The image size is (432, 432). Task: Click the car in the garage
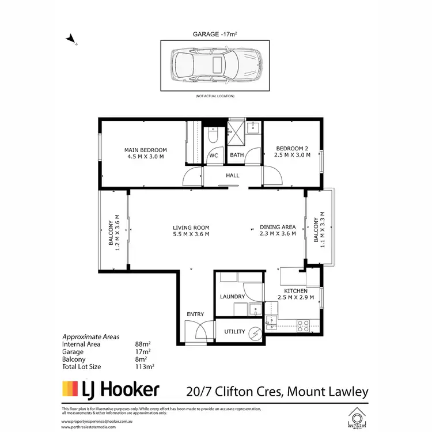(x=215, y=65)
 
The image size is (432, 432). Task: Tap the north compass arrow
(x=71, y=39)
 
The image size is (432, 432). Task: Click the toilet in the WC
(x=212, y=138)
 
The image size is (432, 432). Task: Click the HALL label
(x=232, y=176)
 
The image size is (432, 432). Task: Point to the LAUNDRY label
(x=233, y=297)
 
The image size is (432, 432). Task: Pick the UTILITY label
(x=234, y=331)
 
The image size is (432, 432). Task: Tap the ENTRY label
(x=195, y=314)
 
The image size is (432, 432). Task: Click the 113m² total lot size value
(x=143, y=366)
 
